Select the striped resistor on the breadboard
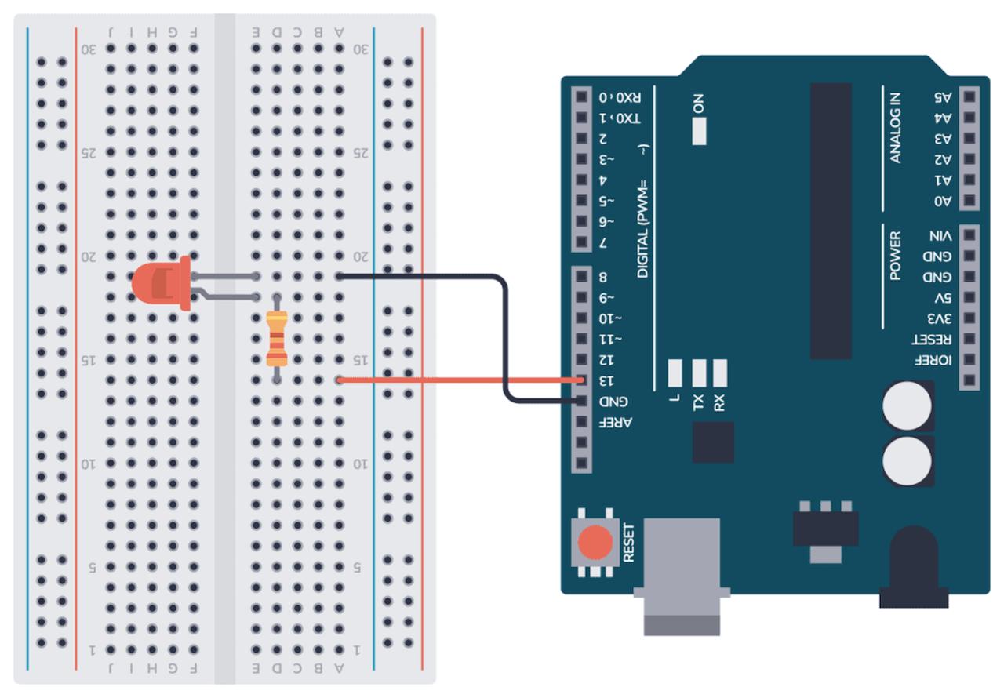pos(276,339)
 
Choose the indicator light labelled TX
pos(699,374)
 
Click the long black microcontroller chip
pos(831,220)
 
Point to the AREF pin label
pos(616,423)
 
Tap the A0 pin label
pos(942,202)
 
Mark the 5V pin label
pos(943,298)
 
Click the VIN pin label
pos(940,235)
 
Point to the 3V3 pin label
pos(940,319)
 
